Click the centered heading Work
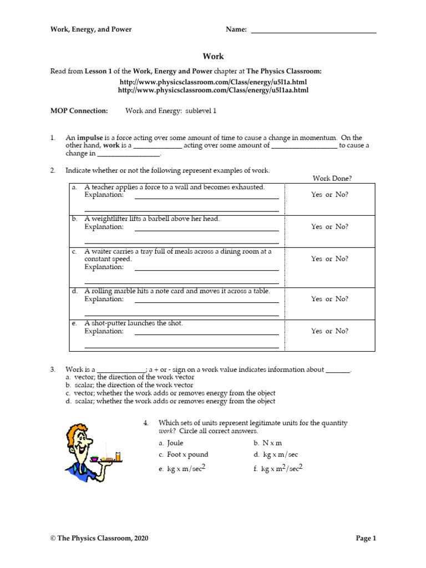tap(213, 57)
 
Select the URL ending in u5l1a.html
tap(214, 82)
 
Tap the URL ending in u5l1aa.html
tap(214, 90)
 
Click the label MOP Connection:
tap(79, 111)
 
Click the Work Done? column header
tap(332, 178)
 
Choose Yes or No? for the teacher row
tap(330, 195)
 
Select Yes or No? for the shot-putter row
tap(330, 331)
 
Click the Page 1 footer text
tap(366, 538)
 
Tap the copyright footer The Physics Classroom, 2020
tap(99, 538)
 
